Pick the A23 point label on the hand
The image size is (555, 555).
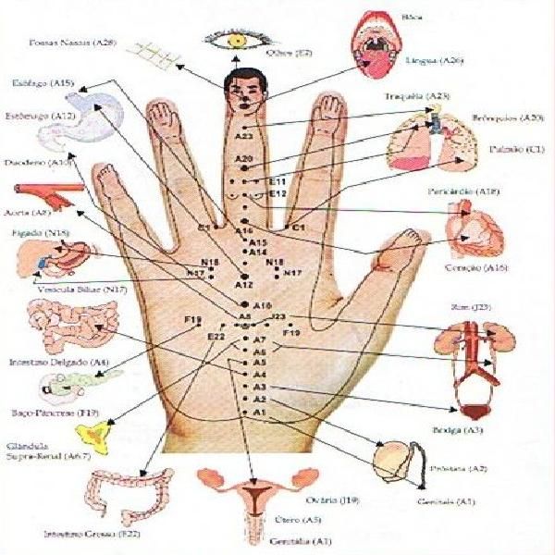244,137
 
